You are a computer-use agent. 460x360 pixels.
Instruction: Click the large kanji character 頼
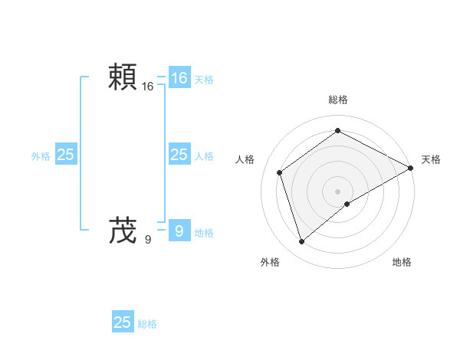coord(123,78)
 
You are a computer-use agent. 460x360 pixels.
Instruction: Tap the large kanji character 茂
coord(123,229)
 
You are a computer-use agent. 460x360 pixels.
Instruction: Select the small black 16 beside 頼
coord(148,87)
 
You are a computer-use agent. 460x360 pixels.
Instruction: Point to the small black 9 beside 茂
coord(148,239)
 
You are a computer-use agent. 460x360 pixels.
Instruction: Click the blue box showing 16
coord(179,78)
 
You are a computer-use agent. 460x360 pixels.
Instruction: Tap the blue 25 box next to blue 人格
coord(179,155)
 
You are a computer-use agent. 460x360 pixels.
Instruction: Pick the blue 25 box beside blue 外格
coord(66,155)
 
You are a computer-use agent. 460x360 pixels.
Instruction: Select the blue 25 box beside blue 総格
coord(123,322)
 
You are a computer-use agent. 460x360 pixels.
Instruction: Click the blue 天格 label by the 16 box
coord(204,79)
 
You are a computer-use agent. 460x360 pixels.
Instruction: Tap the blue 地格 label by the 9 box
coord(204,233)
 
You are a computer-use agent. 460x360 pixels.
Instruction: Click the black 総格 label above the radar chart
coord(337,100)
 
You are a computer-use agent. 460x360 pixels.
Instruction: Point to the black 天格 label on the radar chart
coord(431,159)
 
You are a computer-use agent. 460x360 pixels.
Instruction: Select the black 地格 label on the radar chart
coord(402,262)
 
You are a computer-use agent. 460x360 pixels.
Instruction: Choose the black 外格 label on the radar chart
coord(270,262)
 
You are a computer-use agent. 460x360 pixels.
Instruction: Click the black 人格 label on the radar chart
coord(245,159)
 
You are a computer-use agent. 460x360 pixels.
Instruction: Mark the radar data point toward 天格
coord(411,167)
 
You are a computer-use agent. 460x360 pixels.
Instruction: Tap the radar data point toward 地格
coord(347,204)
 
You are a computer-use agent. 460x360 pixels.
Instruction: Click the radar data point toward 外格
coord(301,242)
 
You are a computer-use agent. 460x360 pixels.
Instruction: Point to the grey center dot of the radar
coord(337,191)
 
